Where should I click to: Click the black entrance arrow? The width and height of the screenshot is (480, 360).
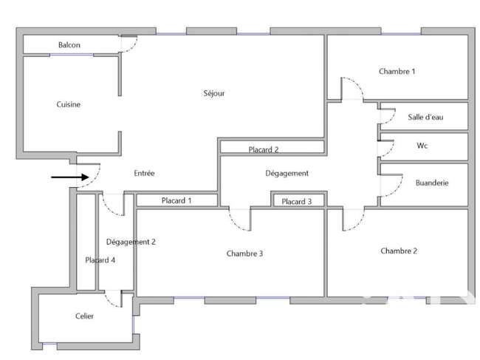coord(70,177)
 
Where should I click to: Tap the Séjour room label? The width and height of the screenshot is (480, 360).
coord(214,93)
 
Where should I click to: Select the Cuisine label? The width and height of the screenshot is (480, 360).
coord(68,104)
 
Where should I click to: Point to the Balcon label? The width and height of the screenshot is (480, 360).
coord(69,45)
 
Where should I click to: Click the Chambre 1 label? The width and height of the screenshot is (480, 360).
coord(397,72)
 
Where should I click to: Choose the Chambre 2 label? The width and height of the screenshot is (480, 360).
coord(399,251)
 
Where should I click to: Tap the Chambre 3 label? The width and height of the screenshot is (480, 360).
coord(244,254)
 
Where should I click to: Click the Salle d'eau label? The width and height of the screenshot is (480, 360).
coord(425,117)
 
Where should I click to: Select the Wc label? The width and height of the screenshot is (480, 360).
coord(422,146)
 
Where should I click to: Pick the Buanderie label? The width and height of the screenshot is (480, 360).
coord(432,183)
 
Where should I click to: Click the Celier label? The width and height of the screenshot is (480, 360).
coord(84,316)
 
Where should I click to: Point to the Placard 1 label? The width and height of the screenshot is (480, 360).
coord(176,200)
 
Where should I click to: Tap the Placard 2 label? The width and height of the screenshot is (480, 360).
coord(264,149)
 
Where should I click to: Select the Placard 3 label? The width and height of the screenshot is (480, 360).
coord(297,201)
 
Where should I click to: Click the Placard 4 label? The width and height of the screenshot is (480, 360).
coord(100,260)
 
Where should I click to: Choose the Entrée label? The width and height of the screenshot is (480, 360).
coord(144,173)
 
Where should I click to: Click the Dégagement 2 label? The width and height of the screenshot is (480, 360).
coord(131,242)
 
